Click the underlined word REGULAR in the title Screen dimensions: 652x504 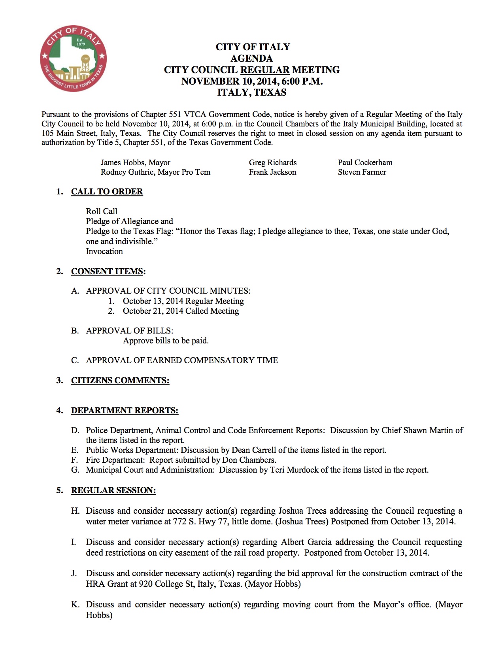click(x=265, y=70)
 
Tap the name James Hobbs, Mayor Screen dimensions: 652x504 click(x=135, y=162)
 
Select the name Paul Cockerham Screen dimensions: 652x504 click(x=365, y=162)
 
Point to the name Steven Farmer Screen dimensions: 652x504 click(x=362, y=172)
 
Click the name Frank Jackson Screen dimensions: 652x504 click(x=272, y=172)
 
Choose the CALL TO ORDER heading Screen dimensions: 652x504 click(x=107, y=192)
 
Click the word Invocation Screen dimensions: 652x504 click(x=104, y=251)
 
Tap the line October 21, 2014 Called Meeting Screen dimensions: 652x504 click(x=181, y=311)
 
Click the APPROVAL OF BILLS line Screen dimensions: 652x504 click(x=129, y=331)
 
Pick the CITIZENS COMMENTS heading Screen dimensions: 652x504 click(x=120, y=381)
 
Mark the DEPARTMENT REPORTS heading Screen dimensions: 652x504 click(x=125, y=411)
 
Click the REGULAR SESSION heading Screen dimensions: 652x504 click(x=113, y=490)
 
